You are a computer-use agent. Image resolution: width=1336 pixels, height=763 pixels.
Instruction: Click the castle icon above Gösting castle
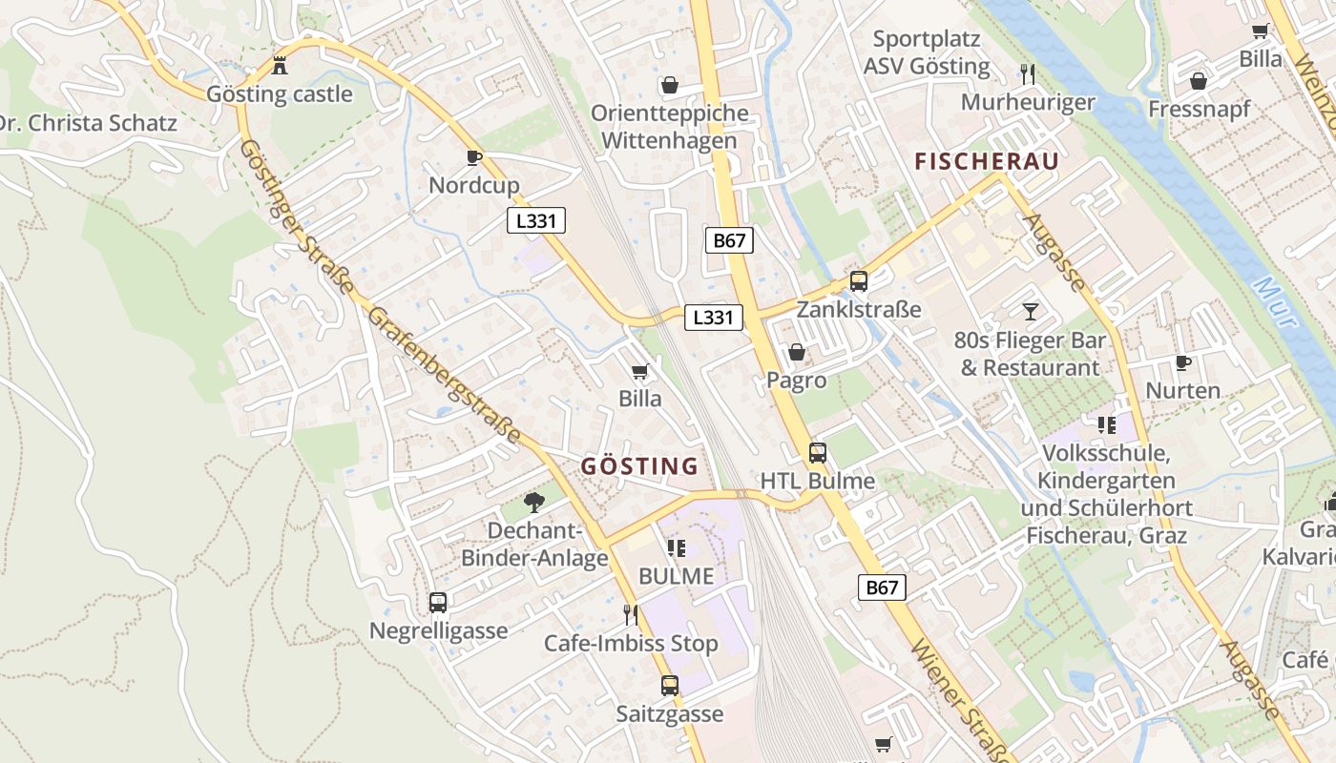point(280,66)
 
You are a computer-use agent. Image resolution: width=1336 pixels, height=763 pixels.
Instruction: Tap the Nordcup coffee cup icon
point(473,157)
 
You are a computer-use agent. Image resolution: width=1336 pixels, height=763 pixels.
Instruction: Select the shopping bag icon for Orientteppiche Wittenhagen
point(669,85)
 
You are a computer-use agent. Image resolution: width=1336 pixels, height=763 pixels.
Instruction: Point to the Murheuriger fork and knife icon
point(1028,73)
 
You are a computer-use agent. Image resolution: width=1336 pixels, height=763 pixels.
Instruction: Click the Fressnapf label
point(1199,109)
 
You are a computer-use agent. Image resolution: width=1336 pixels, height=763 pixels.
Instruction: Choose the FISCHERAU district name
point(987,161)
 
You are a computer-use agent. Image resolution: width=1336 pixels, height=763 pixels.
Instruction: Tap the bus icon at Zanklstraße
point(858,281)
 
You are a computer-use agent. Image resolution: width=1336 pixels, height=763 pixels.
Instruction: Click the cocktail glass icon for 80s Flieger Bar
point(1031,311)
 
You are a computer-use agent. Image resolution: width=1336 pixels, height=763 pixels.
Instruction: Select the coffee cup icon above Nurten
point(1183,362)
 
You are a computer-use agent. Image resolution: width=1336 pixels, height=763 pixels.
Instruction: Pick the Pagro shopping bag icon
point(797,353)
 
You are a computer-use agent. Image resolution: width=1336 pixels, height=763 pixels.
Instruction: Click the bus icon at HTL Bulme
point(818,453)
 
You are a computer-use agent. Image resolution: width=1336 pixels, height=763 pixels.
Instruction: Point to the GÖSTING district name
point(639,466)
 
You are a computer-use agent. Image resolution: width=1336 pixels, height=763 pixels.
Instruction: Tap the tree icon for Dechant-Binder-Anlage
point(534,502)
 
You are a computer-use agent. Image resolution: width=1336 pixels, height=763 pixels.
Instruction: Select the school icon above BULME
point(677,547)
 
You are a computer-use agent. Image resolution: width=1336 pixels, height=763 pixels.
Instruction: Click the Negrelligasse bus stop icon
point(438,603)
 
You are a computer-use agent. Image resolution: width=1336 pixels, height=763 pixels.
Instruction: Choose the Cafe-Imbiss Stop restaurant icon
point(630,614)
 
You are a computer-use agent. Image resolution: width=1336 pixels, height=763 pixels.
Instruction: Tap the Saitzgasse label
point(669,713)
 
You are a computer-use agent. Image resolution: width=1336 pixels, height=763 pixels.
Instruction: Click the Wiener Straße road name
point(959,701)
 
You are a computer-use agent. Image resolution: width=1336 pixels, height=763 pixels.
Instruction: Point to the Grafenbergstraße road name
point(444,376)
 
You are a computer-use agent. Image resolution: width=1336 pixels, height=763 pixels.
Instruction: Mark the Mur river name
point(1276,303)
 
